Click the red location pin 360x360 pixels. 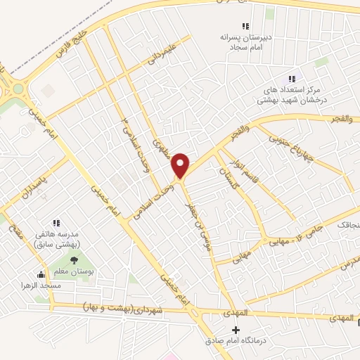coord(181,165)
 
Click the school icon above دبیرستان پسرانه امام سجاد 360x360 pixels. coord(245,26)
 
